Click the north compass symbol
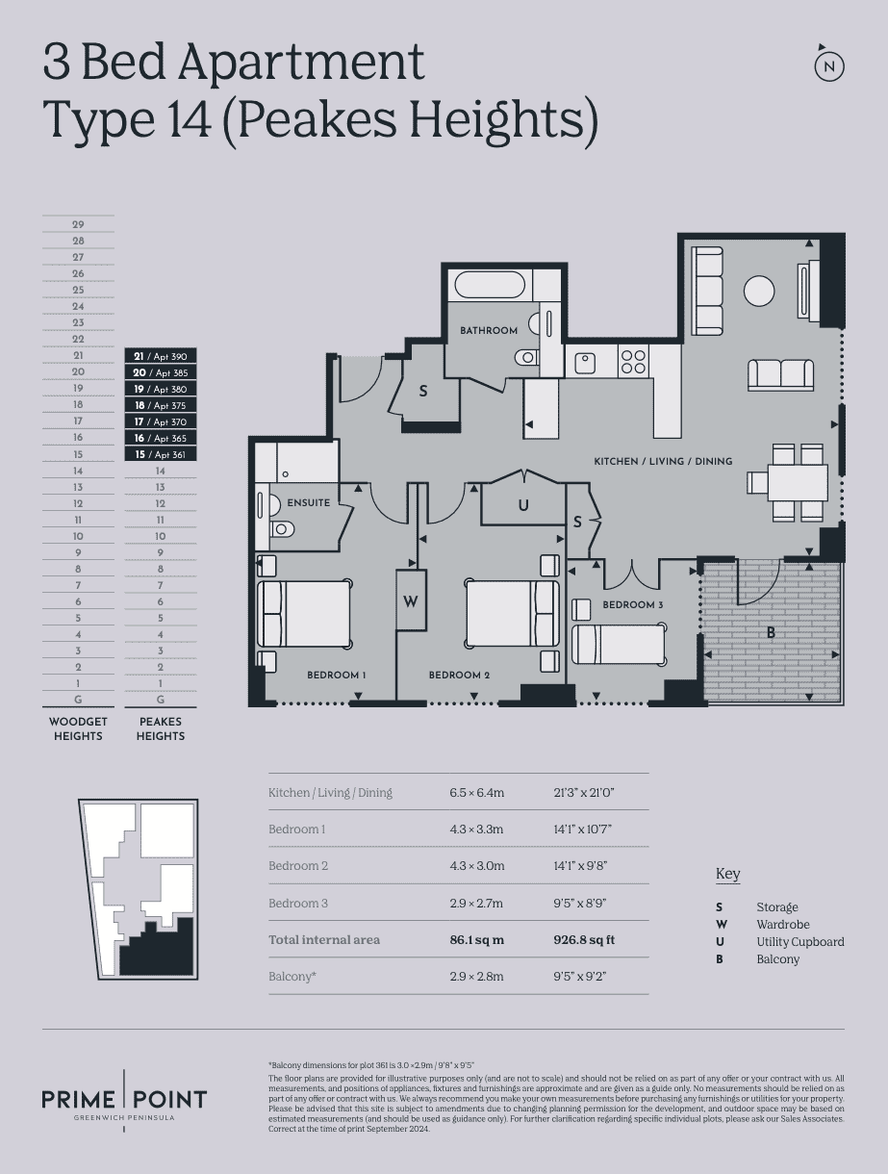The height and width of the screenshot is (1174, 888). (x=829, y=65)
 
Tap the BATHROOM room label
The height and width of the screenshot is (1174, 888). (x=489, y=330)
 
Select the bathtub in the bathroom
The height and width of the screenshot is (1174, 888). (x=490, y=285)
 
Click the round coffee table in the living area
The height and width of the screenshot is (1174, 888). (x=759, y=291)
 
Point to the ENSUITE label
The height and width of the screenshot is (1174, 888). (x=309, y=502)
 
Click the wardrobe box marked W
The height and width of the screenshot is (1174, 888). (x=411, y=600)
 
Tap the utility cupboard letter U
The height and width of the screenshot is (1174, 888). (x=523, y=505)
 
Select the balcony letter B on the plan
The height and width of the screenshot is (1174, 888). (x=771, y=633)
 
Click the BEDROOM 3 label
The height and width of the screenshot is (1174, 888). (x=632, y=605)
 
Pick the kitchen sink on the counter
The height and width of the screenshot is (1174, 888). (x=585, y=363)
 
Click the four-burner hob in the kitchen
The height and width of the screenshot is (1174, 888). (x=633, y=362)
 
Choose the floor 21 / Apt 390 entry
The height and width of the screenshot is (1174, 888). (x=161, y=356)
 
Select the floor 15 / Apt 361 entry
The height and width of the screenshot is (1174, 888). (x=161, y=454)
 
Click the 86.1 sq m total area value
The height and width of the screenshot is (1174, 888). (x=477, y=940)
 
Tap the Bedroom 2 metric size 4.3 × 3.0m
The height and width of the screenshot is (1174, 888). (x=477, y=866)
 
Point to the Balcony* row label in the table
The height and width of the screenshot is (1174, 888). (x=292, y=976)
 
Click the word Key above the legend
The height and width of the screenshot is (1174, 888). (x=727, y=874)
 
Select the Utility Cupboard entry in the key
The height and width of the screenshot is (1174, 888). (x=800, y=942)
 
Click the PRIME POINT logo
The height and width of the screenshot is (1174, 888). (x=124, y=1101)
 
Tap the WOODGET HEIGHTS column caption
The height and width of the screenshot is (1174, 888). (x=78, y=728)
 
